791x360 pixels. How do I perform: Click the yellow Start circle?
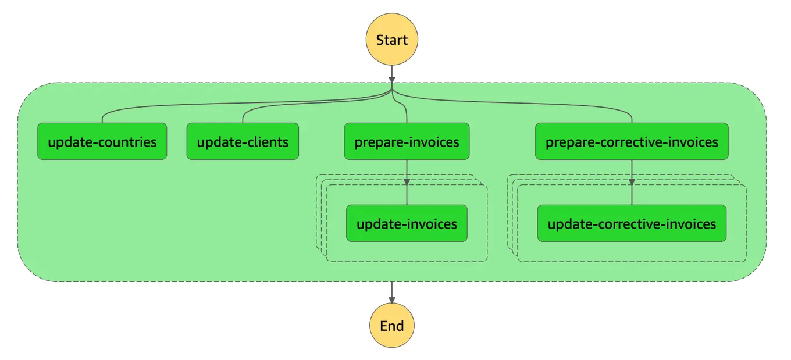[x=391, y=40]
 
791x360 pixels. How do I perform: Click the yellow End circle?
[x=391, y=326]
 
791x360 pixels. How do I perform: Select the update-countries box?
[x=102, y=141]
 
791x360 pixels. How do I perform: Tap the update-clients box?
[x=243, y=141]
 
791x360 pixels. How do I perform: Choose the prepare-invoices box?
[x=407, y=141]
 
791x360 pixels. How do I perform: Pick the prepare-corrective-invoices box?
[x=632, y=141]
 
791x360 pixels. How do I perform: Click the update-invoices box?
[x=407, y=223]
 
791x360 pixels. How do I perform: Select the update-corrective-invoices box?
[x=632, y=223]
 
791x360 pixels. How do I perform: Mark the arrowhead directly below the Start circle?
[x=391, y=80]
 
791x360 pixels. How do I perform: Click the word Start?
[x=391, y=40]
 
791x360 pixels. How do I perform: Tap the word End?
[x=391, y=326]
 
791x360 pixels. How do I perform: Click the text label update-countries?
[x=102, y=142]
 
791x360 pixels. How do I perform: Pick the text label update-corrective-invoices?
[x=632, y=224]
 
